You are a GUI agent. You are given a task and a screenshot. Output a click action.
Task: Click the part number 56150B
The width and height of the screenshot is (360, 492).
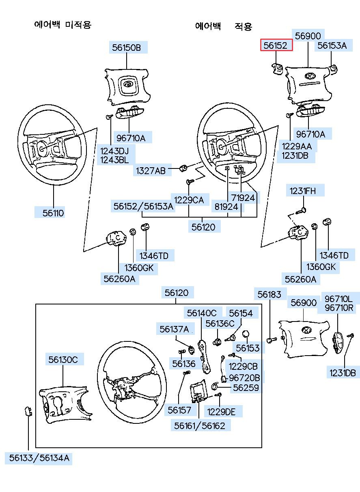(x=127, y=47)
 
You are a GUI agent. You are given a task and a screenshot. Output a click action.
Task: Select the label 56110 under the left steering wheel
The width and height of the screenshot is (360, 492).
(x=54, y=213)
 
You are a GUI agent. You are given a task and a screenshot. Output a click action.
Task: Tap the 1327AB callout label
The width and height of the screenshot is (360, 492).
(x=150, y=171)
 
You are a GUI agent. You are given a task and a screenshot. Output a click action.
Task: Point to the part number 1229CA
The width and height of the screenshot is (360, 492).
(x=189, y=199)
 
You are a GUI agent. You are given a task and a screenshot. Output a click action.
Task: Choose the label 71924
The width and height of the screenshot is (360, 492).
(x=243, y=198)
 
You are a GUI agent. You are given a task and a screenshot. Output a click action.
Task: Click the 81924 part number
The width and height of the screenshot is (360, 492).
(x=226, y=207)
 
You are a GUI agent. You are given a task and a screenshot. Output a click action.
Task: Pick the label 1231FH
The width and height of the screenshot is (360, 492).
(x=301, y=190)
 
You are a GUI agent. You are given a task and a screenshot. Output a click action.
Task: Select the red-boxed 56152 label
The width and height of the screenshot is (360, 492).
(x=276, y=46)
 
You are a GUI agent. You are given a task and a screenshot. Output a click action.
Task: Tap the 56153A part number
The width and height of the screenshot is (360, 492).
(x=332, y=46)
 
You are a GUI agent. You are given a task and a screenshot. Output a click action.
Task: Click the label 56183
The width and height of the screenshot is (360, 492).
(x=269, y=294)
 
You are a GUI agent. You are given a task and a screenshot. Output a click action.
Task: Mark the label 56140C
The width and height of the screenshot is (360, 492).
(x=202, y=313)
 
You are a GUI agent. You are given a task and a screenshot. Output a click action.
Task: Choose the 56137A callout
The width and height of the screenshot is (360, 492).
(x=174, y=329)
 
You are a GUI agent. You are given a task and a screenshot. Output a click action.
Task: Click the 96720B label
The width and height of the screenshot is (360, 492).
(x=244, y=378)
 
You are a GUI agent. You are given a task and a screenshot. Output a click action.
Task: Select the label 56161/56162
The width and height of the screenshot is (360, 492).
(x=200, y=425)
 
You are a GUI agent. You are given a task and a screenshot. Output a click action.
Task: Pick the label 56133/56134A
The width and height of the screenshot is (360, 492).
(x=39, y=458)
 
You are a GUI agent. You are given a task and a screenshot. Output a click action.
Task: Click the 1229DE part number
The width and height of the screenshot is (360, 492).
(x=221, y=412)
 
